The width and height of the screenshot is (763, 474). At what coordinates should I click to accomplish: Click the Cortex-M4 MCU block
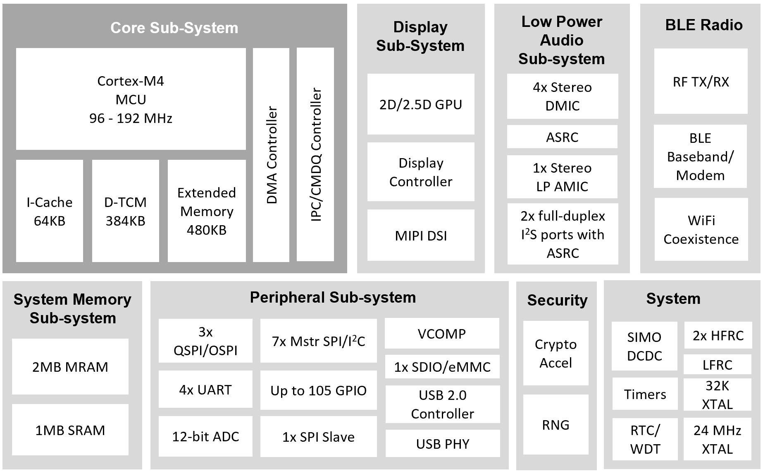[131, 99]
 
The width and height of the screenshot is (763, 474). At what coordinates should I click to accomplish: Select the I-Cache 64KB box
[50, 211]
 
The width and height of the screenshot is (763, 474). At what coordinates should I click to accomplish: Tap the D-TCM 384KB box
[125, 211]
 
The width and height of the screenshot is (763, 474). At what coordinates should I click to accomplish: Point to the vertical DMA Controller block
[271, 155]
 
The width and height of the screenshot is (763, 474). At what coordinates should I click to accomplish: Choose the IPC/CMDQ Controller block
[315, 154]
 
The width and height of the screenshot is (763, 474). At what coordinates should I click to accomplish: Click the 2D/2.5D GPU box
[421, 104]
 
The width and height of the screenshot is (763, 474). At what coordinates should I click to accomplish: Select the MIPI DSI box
[421, 236]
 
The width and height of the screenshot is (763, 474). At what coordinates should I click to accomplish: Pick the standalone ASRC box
[562, 137]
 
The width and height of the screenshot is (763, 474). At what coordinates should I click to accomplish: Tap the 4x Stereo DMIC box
[562, 96]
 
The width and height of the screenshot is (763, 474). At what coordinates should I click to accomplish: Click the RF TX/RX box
[701, 82]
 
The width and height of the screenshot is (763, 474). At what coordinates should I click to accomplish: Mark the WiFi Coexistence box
[701, 230]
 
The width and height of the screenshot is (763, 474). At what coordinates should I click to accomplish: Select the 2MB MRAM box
[70, 367]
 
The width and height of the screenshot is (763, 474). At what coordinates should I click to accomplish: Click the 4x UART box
[205, 390]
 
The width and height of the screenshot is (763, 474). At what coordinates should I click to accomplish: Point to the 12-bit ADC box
[205, 436]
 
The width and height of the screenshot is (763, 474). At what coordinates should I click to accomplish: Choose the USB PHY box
[443, 444]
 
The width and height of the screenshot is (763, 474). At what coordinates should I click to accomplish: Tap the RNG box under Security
[556, 425]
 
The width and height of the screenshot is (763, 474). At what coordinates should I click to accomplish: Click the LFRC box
[717, 365]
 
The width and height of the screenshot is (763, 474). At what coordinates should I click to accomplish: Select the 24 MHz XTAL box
[717, 439]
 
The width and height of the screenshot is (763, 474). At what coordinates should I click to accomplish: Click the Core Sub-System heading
[174, 28]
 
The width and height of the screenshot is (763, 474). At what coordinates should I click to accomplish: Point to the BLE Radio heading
[703, 25]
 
